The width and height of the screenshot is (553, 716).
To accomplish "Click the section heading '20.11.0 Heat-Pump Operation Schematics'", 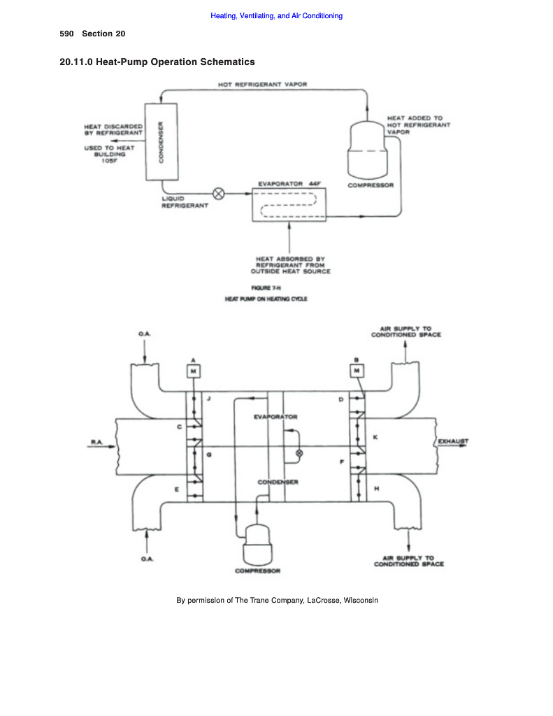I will [157, 62].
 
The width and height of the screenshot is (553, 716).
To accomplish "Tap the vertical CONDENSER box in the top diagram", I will [160, 142].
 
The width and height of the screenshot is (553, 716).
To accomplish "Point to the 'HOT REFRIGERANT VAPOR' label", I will [262, 85].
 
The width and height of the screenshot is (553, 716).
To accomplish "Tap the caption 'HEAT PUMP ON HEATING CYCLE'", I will [266, 299].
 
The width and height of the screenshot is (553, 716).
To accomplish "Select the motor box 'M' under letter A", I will [193, 371].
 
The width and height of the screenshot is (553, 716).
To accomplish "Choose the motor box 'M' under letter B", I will [357, 371].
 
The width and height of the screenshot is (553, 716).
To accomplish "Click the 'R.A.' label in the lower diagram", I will [96, 442].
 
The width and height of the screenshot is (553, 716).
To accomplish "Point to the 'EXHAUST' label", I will [453, 442].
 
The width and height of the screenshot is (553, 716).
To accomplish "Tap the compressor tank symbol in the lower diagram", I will [258, 546].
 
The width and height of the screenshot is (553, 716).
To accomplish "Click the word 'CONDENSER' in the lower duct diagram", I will [278, 482].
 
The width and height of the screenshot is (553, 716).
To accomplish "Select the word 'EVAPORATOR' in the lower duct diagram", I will [275, 417].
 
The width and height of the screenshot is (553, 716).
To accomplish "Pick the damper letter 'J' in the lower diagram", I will [208, 399].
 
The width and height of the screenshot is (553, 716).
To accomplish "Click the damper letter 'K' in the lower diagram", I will [375, 437].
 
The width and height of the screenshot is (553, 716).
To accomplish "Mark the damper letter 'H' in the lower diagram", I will [376, 489].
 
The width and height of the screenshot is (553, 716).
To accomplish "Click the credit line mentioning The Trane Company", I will [277, 600].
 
